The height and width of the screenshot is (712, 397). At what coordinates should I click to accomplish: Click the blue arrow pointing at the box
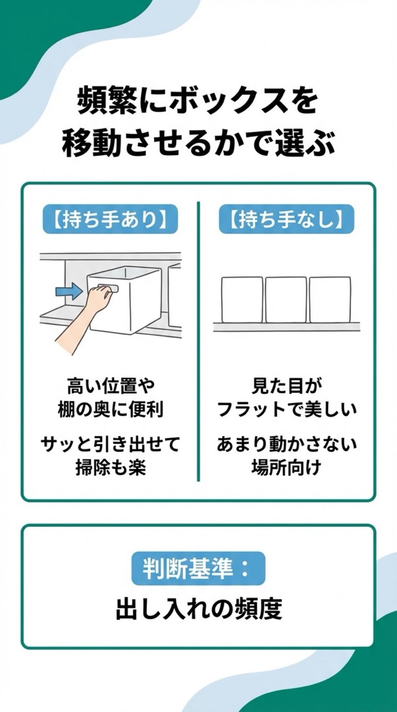click(x=68, y=291)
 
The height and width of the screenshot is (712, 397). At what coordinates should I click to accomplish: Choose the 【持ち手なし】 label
click(x=287, y=220)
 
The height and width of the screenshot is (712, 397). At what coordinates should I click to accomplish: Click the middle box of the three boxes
click(x=286, y=300)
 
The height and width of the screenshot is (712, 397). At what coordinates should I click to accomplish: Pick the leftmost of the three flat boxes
click(x=242, y=300)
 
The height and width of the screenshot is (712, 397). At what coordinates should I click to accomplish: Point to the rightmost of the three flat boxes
click(x=330, y=300)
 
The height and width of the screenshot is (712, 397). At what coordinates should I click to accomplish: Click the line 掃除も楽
click(x=110, y=468)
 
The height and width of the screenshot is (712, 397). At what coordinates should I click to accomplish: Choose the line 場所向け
click(x=287, y=468)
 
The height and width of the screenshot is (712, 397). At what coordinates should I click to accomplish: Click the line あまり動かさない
click(x=287, y=445)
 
